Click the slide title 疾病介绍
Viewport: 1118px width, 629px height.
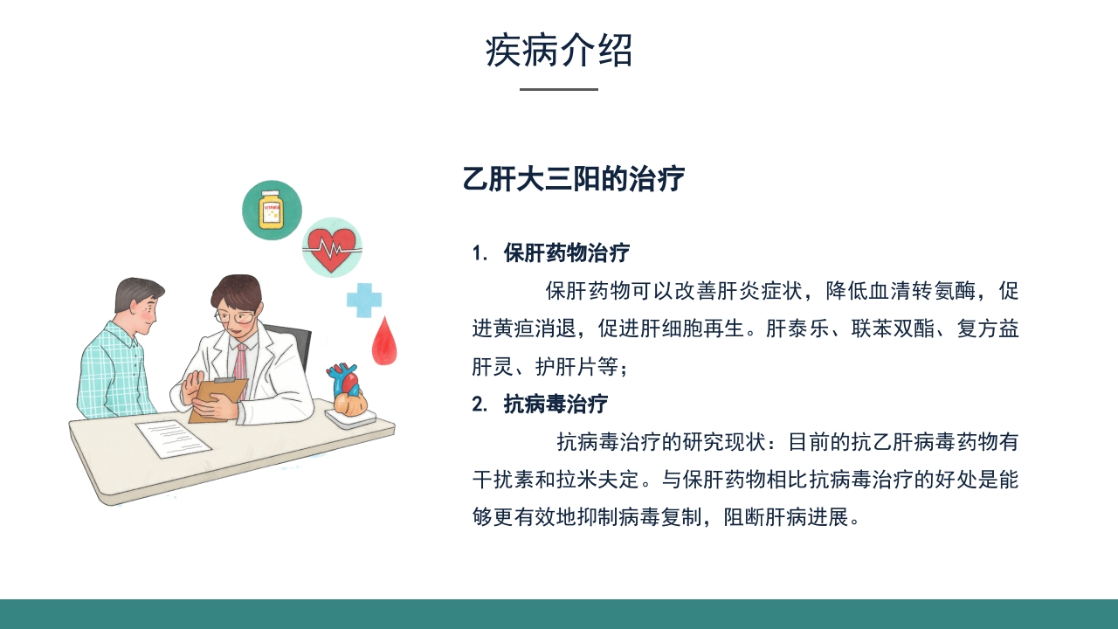[559, 51]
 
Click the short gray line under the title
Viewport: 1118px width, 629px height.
[559, 89]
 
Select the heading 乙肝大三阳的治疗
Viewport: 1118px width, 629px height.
[574, 179]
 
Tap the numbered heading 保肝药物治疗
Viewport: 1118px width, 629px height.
[566, 253]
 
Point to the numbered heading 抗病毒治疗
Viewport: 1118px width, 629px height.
[556, 404]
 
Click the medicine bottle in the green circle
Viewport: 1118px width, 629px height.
[272, 211]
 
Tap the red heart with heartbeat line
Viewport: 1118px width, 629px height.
[332, 247]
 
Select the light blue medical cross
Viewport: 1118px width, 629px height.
[364, 300]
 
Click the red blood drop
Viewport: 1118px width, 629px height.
[383, 342]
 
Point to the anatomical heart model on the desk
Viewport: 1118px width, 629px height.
[348, 391]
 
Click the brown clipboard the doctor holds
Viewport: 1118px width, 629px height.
[217, 400]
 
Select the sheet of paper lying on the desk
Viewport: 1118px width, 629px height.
[173, 438]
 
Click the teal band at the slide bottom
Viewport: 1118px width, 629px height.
[559, 614]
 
